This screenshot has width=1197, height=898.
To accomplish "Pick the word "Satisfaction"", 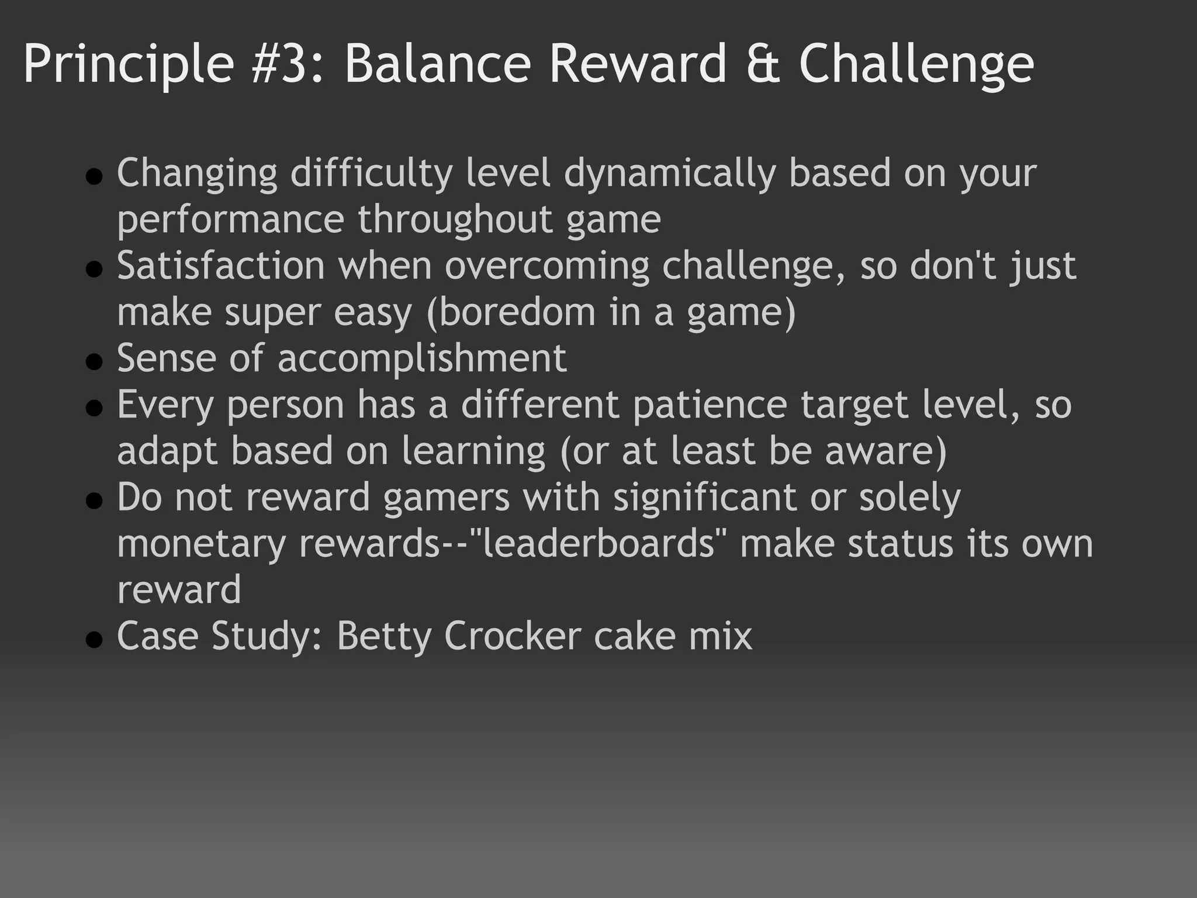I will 221,265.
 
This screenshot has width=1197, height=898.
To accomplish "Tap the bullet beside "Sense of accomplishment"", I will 94,362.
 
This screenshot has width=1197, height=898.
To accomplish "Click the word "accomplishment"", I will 422,359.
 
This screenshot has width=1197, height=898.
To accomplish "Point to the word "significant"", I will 705,498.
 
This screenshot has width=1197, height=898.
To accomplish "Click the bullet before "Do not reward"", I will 94,501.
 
